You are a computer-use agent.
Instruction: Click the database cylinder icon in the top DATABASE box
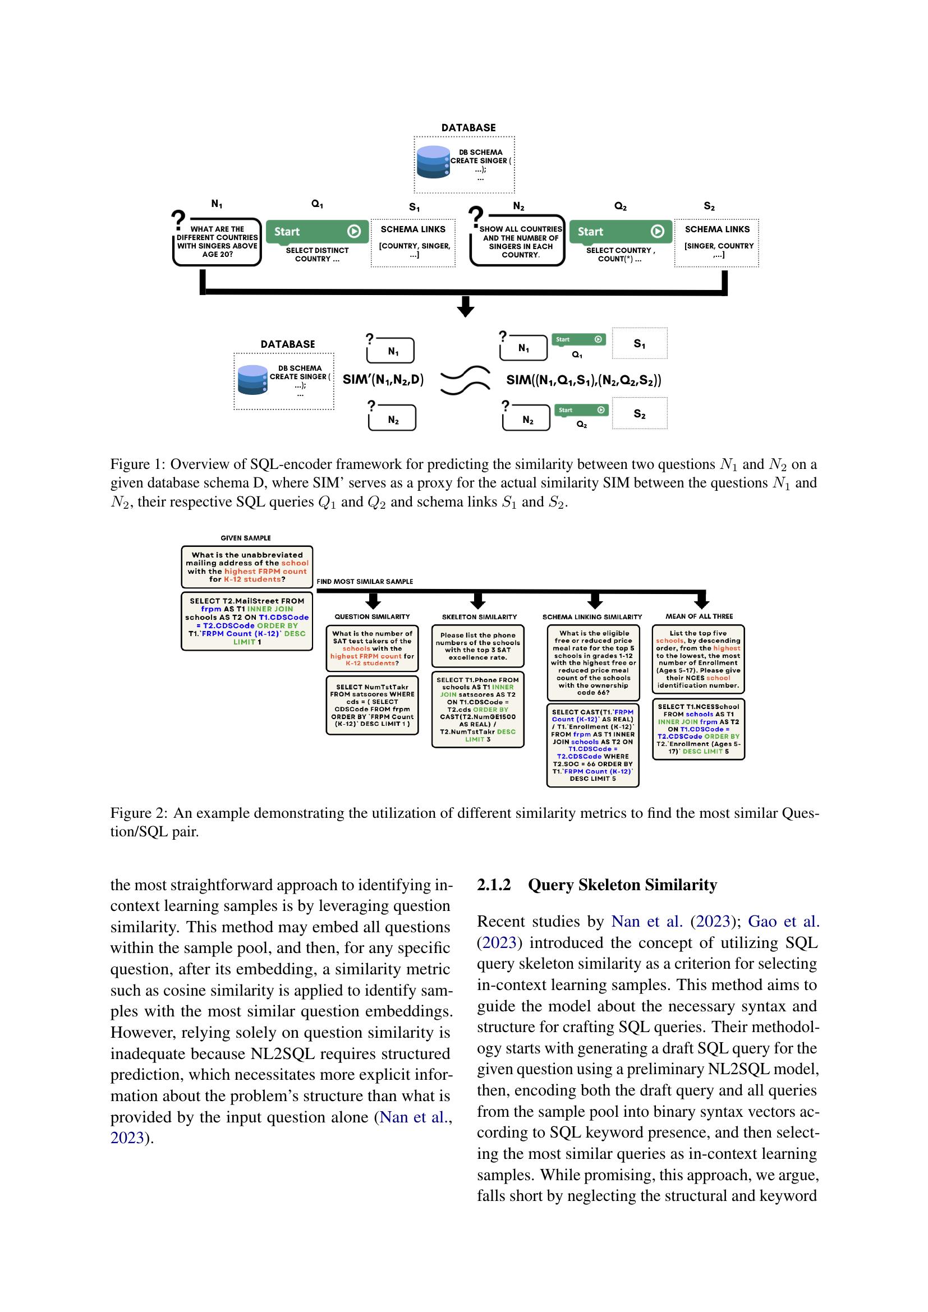(x=433, y=165)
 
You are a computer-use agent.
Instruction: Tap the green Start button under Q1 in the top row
(x=317, y=232)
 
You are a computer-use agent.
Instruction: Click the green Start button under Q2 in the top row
(x=621, y=232)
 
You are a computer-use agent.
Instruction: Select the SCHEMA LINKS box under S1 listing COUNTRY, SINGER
(x=413, y=243)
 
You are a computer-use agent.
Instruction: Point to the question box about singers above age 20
(x=217, y=242)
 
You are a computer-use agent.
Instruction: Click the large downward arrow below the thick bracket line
(x=466, y=307)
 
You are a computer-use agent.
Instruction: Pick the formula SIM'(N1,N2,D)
(x=383, y=379)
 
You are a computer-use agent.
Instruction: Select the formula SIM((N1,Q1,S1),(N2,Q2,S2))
(x=584, y=380)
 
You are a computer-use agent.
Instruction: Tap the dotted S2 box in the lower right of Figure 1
(x=640, y=415)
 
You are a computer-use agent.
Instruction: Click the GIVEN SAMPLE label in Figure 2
(x=246, y=538)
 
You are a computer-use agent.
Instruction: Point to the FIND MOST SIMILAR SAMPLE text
(x=365, y=581)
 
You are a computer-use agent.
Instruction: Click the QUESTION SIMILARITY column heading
(x=372, y=616)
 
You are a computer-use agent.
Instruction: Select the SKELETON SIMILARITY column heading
(x=479, y=616)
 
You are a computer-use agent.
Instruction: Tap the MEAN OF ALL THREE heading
(x=699, y=616)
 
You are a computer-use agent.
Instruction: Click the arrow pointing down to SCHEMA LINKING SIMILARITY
(x=595, y=601)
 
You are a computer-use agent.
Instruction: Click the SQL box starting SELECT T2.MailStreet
(x=247, y=621)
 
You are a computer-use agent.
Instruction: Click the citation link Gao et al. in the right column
(x=783, y=921)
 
